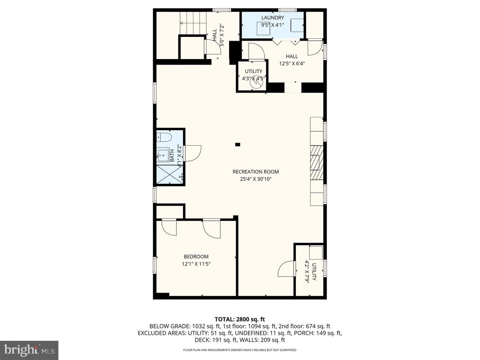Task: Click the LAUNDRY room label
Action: point(272,18)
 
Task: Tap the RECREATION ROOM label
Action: point(256,172)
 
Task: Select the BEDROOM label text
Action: point(196,257)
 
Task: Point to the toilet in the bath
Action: point(164,137)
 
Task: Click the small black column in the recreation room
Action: point(237,144)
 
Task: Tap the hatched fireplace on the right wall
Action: point(317,163)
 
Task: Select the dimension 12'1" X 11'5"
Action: point(196,264)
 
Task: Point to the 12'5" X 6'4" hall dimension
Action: point(292,64)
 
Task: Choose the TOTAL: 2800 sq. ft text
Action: point(240,319)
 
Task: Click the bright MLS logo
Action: point(29,350)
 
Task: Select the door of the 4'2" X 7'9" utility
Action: point(286,269)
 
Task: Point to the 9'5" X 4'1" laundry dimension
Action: point(272,25)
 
